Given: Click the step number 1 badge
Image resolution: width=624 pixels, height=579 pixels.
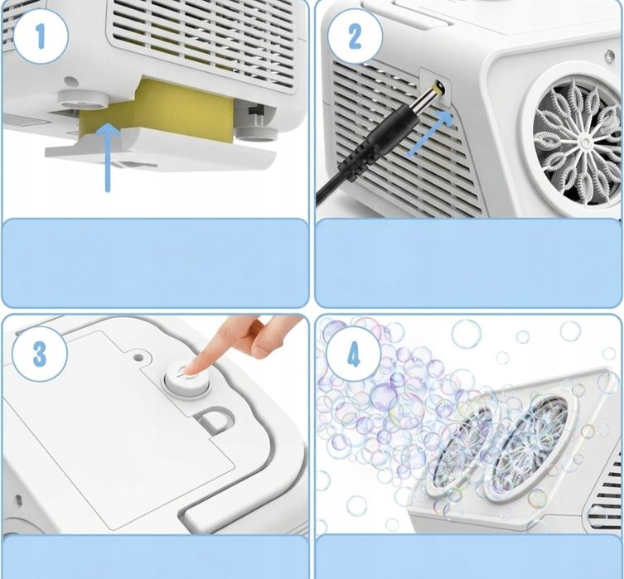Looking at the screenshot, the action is [x=41, y=36].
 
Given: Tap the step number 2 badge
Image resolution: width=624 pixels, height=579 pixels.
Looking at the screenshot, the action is [x=355, y=36].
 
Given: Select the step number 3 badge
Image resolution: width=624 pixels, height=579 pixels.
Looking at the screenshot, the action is [x=40, y=354].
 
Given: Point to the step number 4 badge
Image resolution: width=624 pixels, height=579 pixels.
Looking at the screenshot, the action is [x=354, y=354].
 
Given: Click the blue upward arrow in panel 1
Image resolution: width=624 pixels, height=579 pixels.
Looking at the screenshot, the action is [x=108, y=157].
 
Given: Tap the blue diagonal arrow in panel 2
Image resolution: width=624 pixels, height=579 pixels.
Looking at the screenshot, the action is [x=430, y=133].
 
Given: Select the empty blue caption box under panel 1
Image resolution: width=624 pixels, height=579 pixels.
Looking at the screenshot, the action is [x=155, y=263].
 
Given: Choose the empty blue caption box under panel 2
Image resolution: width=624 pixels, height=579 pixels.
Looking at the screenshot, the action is [x=469, y=263].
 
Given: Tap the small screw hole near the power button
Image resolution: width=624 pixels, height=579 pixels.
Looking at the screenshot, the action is [x=138, y=357].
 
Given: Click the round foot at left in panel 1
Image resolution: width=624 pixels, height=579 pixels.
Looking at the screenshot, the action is [x=83, y=99].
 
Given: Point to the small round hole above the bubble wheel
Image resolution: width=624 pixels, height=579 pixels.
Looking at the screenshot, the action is [x=609, y=55].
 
